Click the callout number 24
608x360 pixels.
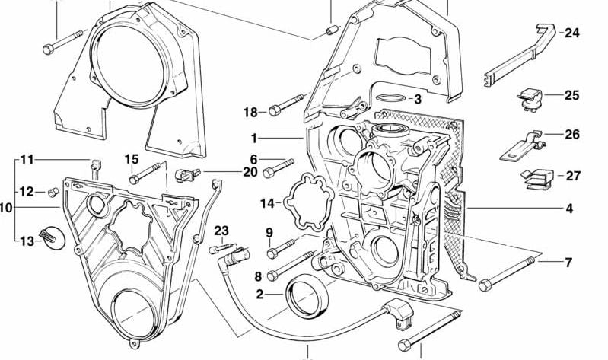point(571,33)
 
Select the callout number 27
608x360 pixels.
point(572,175)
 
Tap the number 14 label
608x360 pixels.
point(266,203)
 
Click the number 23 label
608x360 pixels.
point(221,231)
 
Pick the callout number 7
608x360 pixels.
point(568,263)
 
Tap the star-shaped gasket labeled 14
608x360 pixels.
point(304,202)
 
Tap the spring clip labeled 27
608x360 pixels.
point(534,178)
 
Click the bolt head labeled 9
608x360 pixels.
point(272,252)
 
